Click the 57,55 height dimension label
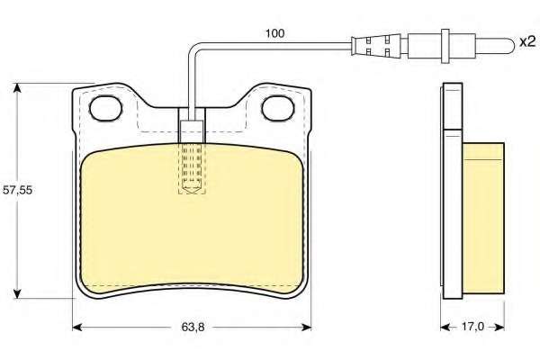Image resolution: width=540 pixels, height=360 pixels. tap(17, 190)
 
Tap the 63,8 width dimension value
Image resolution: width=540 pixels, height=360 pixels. tap(193, 328)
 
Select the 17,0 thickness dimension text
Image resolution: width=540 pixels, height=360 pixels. tap(472, 326)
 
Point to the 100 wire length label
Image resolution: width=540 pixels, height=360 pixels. tap(274, 33)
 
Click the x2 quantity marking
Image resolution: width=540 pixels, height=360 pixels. tap(526, 41)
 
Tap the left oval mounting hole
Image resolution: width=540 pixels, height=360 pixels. tap(105, 108)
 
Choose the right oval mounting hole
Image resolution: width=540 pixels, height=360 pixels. tap(278, 108)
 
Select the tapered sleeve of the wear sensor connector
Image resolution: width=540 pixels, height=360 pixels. tap(375, 46)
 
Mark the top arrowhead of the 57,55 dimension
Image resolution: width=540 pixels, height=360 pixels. tap(16, 87)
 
